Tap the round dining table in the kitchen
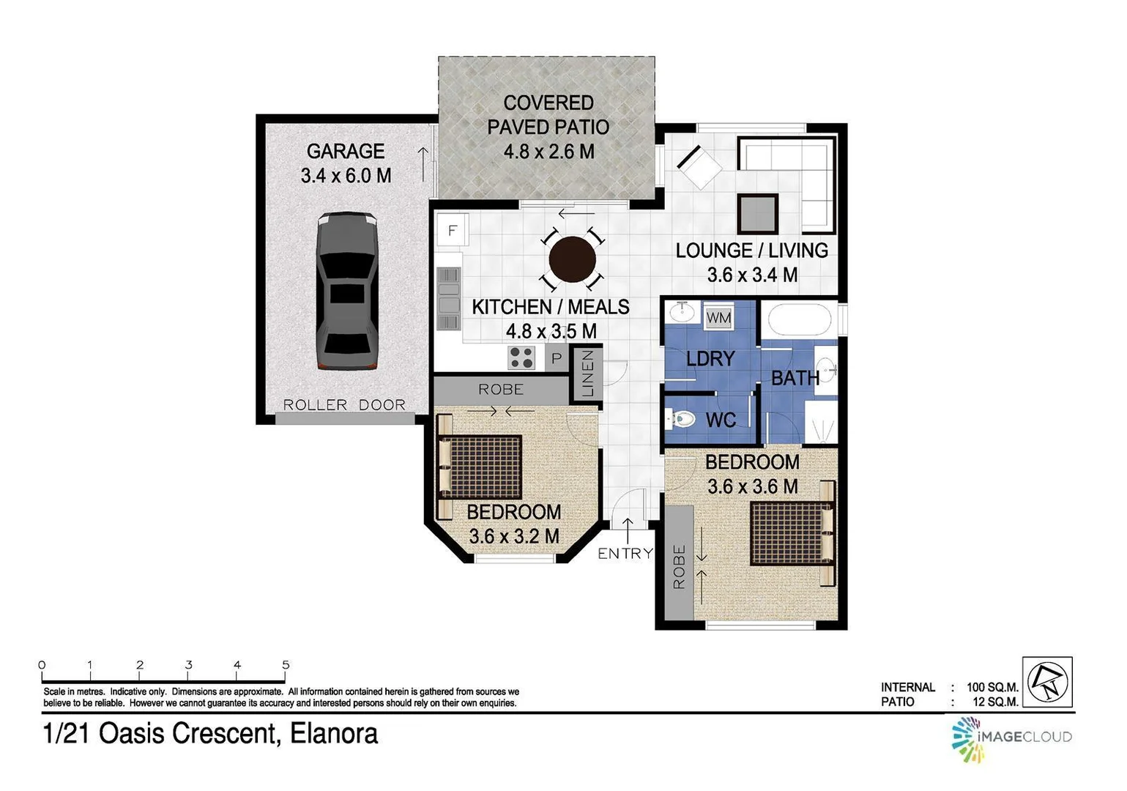click(573, 259)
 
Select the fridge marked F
click(452, 231)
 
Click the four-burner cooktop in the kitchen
click(522, 357)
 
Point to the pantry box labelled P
click(557, 358)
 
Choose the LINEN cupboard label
click(587, 374)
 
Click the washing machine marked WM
click(718, 318)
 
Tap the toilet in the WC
click(680, 420)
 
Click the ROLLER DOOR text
click(344, 405)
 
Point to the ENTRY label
click(625, 553)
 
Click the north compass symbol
click(1046, 682)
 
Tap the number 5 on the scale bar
click(286, 665)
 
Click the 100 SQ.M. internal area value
click(992, 687)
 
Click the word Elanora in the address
click(334, 734)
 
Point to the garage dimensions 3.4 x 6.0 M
click(346, 176)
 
